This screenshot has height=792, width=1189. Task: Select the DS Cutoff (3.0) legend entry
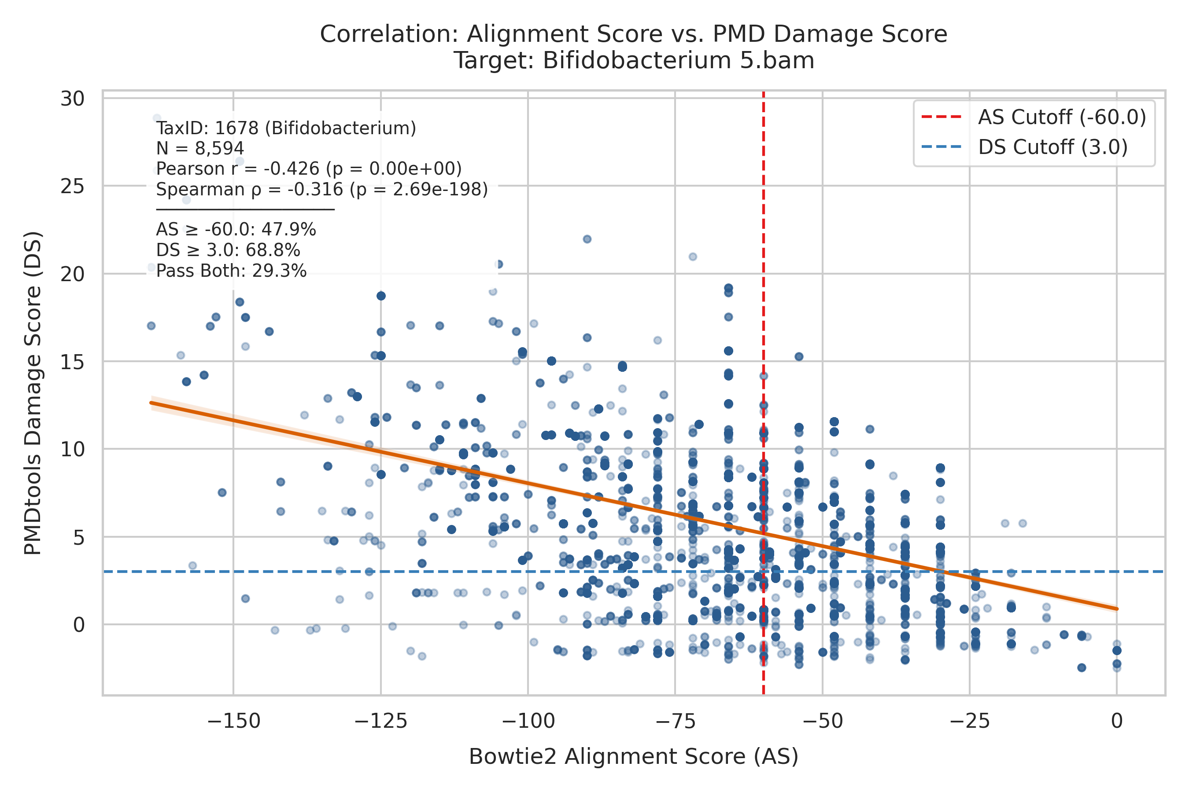(1025, 147)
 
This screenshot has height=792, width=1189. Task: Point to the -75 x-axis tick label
(675, 721)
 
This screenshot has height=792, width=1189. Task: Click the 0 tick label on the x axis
(1117, 721)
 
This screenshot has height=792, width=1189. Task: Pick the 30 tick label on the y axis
(72, 99)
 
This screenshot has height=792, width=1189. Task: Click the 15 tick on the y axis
(72, 362)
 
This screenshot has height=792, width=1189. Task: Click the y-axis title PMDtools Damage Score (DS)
(33, 393)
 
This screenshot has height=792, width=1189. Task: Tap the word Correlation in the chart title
(389, 34)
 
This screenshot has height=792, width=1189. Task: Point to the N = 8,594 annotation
(200, 149)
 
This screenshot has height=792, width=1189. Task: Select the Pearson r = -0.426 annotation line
(309, 169)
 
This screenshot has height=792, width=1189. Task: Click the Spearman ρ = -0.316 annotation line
(322, 189)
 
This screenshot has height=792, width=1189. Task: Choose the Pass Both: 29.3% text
(232, 271)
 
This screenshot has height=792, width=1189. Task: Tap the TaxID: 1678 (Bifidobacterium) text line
(286, 128)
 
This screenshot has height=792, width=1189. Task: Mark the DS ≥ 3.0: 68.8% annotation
(229, 250)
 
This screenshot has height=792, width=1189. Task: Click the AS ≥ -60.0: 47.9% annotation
(236, 230)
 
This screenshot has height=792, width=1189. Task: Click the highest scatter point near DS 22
(587, 239)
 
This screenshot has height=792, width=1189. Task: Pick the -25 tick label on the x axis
(970, 721)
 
